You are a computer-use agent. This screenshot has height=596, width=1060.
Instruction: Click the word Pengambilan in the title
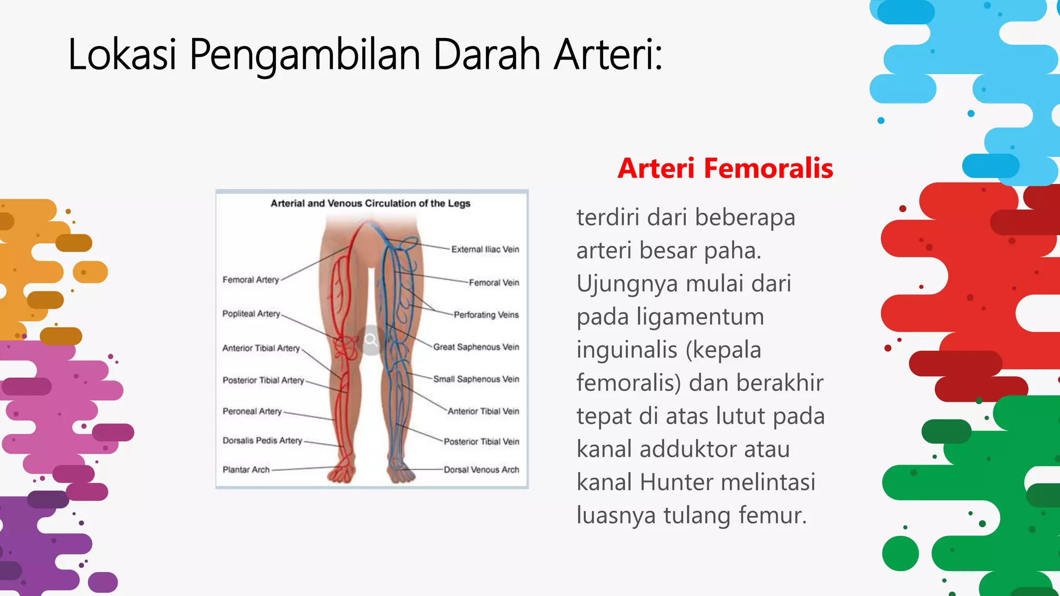(x=304, y=55)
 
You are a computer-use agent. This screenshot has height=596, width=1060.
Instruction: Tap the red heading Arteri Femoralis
(x=725, y=169)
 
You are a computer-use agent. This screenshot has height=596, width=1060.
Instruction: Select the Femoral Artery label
(x=251, y=280)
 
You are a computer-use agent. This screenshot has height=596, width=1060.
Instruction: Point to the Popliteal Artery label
(x=251, y=314)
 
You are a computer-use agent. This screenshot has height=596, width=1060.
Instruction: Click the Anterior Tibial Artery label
(x=261, y=348)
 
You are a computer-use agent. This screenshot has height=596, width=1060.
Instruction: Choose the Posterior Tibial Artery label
(x=263, y=380)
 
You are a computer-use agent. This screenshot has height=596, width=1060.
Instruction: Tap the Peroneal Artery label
(x=252, y=411)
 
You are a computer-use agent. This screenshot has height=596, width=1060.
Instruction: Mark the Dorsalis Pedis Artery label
(x=262, y=441)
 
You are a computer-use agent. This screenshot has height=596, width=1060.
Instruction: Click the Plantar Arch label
(x=246, y=470)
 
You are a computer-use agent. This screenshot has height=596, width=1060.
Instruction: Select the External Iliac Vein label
(x=485, y=249)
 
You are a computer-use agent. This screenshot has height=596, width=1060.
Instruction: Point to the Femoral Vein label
(x=494, y=282)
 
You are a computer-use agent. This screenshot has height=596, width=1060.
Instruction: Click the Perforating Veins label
(x=486, y=315)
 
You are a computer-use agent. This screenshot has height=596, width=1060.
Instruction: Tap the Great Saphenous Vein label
(x=476, y=347)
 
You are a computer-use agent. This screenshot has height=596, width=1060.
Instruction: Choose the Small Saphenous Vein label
(x=476, y=379)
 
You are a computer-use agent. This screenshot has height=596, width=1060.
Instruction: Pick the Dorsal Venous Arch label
(x=481, y=470)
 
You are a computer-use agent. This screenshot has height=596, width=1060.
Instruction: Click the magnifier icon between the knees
(x=371, y=340)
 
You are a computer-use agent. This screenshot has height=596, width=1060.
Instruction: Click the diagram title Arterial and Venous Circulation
(x=371, y=203)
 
